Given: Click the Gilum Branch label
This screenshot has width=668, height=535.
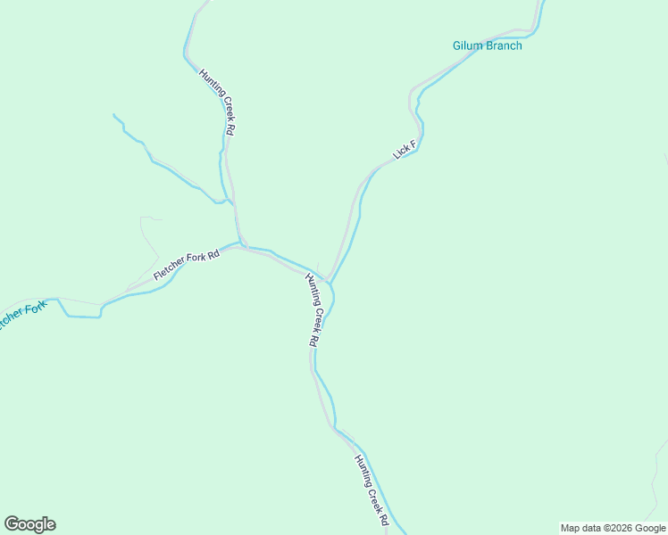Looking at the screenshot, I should pos(487,45).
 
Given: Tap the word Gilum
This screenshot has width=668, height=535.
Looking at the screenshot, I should pos(468,45).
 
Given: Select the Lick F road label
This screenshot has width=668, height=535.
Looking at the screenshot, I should pos(405,150).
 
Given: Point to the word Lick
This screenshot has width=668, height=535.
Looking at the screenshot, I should pos(402,152).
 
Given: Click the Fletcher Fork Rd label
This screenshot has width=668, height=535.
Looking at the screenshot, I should pos(186,267).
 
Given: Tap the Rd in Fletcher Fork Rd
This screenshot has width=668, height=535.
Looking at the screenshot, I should pos(213,257).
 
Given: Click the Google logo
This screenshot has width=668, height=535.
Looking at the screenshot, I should pos(29,524).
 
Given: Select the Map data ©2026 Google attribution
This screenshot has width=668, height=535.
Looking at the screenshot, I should pos(613,528).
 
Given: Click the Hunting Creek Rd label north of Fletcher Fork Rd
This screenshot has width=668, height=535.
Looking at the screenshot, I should pos(217,103).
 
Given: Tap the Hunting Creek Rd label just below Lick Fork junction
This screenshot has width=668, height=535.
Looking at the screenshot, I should pos(313,309).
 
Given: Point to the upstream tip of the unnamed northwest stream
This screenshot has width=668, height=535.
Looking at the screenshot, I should pos(114,115).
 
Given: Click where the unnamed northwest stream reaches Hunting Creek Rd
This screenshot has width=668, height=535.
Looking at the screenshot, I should pos(231,202).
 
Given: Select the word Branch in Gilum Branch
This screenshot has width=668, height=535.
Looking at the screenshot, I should pos(503,45).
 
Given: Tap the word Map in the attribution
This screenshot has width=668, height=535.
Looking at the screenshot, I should pos(570,528).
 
